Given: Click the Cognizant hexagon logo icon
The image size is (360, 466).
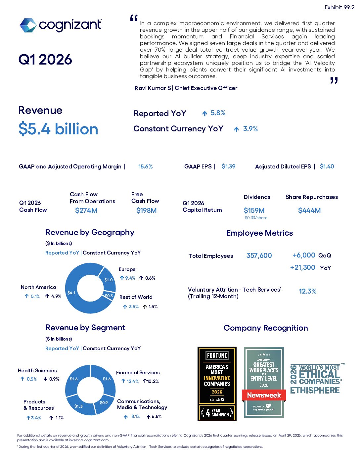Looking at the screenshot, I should tap(28, 25).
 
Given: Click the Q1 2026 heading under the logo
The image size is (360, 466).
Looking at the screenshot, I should tap(45, 60).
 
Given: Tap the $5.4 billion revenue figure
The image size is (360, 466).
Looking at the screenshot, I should tap(58, 129).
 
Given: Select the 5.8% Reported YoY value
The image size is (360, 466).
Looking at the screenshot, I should tap(218, 113).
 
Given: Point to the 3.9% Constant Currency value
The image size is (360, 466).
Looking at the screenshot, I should tap(250, 129).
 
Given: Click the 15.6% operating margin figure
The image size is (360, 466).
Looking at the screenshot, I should tap(145, 166).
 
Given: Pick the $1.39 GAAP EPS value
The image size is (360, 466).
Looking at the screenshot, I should tap(228, 166).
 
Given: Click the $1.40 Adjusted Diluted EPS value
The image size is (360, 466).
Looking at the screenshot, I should tap(327, 166).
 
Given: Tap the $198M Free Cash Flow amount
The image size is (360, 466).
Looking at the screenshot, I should tap(146, 210).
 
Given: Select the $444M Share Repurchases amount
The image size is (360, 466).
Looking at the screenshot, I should tap(309, 210).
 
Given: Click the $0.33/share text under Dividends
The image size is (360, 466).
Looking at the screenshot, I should tap(256, 218).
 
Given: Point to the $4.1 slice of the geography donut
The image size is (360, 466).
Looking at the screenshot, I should tap(71, 293).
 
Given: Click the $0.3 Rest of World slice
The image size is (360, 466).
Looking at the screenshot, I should tap(109, 296).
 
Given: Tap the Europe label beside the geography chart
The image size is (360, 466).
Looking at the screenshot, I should tap(127, 269).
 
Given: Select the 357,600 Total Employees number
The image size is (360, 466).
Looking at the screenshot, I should tap(259, 256).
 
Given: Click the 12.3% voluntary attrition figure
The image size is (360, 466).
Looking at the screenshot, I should tap(307, 291).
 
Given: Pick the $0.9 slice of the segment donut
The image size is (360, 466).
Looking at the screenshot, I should tap(104, 402).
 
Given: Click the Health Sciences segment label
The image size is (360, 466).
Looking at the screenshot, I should tap(37, 371).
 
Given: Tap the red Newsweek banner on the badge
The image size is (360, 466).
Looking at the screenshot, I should tap(264, 395).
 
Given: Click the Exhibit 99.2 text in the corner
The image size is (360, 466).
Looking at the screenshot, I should tap(339, 7).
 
